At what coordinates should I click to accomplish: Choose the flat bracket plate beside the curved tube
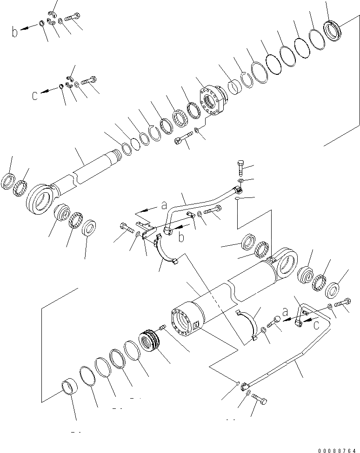click(145, 230)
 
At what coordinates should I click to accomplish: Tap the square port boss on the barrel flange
click(195, 326)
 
